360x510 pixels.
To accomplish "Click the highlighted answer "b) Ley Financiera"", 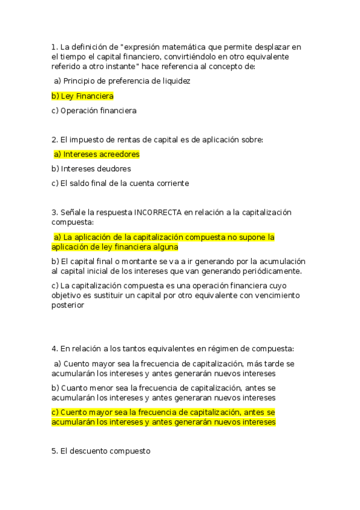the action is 82,96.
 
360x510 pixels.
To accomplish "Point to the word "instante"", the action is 123,67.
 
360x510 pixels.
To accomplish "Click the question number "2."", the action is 54,140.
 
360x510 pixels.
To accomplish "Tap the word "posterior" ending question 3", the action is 68,305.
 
